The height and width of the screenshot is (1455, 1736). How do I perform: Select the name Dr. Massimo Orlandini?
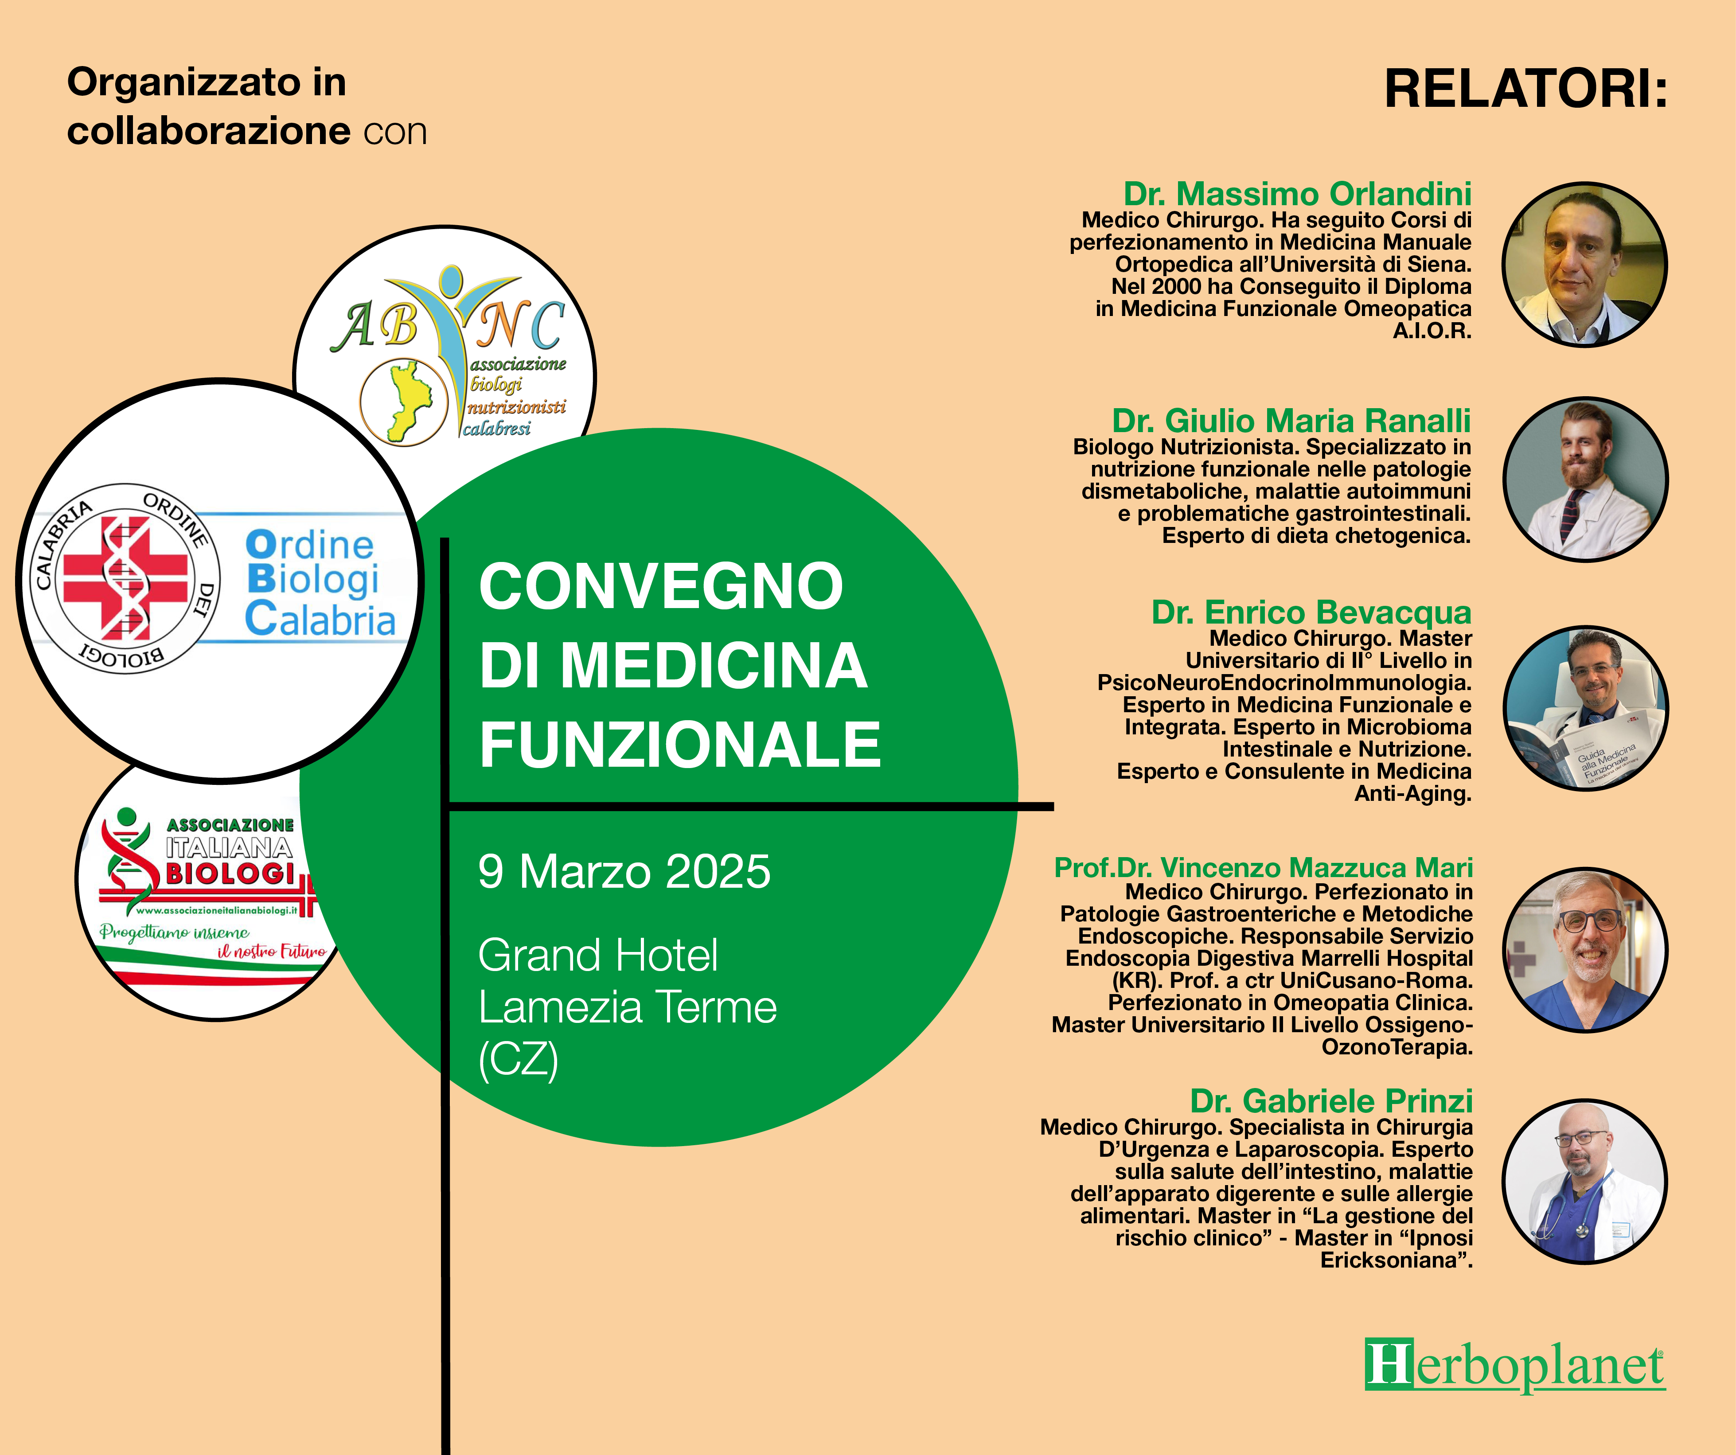[1297, 194]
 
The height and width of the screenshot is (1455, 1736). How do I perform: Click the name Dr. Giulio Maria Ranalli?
[1291, 421]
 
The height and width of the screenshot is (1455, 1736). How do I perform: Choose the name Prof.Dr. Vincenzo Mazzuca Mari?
[1263, 868]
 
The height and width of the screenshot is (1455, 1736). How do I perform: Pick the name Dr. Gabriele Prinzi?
[1331, 1101]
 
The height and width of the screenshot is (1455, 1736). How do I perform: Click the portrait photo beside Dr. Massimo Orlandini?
[1585, 265]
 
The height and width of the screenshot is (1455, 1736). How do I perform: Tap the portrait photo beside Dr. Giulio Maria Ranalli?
[1585, 480]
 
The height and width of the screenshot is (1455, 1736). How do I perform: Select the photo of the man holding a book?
[1585, 709]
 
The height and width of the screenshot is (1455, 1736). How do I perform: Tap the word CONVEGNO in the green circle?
[661, 586]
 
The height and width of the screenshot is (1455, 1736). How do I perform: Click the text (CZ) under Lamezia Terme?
[519, 1059]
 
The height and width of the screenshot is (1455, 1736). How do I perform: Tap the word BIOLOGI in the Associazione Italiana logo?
[230, 874]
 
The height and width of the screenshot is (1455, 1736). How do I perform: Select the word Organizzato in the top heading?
[183, 83]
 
